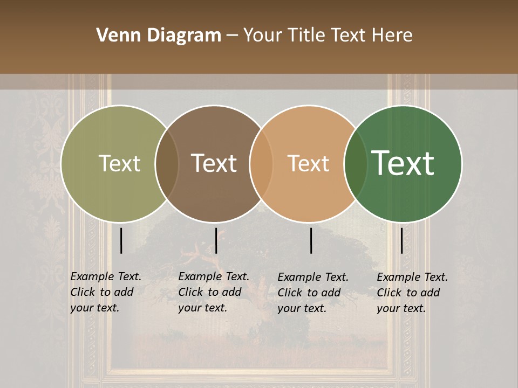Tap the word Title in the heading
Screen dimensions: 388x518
pyautogui.click(x=307, y=36)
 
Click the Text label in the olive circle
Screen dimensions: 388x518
pyautogui.click(x=119, y=163)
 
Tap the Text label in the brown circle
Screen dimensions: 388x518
pyautogui.click(x=214, y=163)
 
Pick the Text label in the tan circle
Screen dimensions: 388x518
pyautogui.click(x=308, y=164)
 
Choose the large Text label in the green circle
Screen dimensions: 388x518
pyautogui.click(x=403, y=163)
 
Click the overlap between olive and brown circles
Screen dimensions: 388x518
pyautogui.click(x=167, y=163)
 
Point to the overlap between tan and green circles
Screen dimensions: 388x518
pyautogui.click(x=356, y=163)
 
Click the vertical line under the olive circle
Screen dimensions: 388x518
pyautogui.click(x=121, y=240)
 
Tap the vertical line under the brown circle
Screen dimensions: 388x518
pyautogui.click(x=216, y=240)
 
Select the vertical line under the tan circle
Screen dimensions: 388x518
pyautogui.click(x=311, y=240)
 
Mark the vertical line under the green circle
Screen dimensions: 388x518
pyautogui.click(x=401, y=240)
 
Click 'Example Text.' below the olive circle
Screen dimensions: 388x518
pyautogui.click(x=106, y=276)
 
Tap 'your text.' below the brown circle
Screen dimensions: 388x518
pyautogui.click(x=202, y=308)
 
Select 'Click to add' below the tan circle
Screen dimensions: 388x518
pyautogui.click(x=309, y=293)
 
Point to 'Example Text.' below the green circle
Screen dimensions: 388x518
pyautogui.click(x=412, y=277)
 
